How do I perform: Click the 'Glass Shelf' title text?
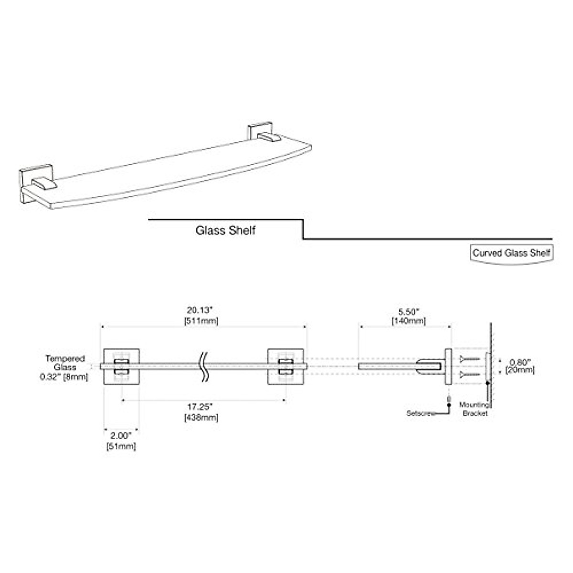pos(225,231)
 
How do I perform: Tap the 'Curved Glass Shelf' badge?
pos(511,253)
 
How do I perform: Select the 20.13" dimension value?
pos(201,310)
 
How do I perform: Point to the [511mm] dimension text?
pos(201,321)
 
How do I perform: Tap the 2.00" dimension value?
pos(121,435)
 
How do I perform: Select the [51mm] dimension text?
pos(121,446)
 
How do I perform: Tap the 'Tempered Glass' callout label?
pos(65,362)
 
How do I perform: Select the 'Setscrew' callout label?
pos(421,413)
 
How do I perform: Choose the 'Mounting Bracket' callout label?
pos(475,409)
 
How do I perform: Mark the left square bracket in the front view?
pos(122,367)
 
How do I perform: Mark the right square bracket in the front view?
pos(286,367)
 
